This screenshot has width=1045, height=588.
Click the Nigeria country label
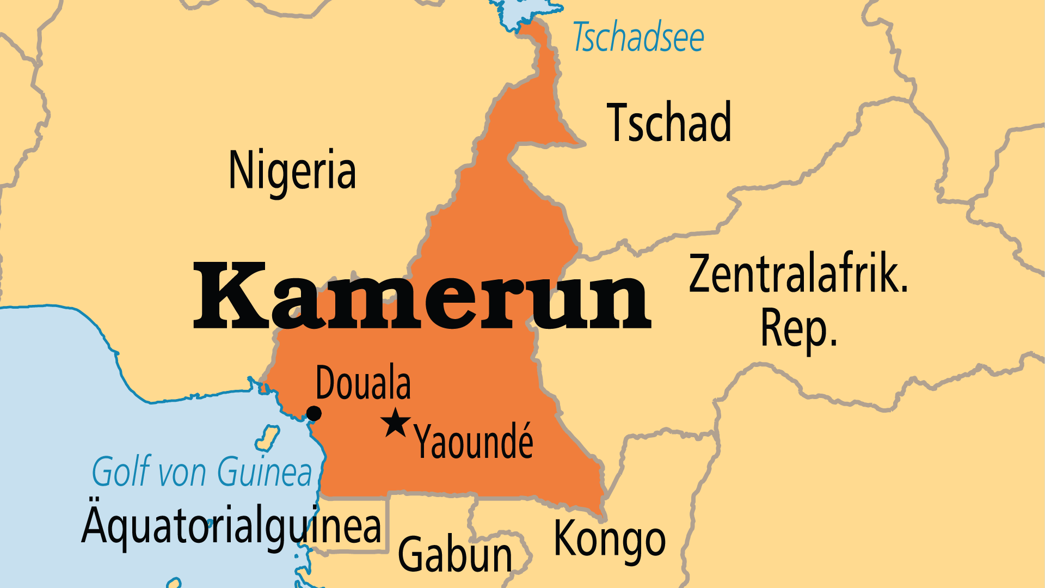point(292,170)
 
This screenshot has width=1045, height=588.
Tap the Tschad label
point(669,123)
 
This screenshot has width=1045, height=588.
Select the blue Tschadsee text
point(638,38)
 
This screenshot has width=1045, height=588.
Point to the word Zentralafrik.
point(798,274)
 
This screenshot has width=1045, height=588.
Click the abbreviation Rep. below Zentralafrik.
point(798,328)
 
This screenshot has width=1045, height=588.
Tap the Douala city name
point(363,383)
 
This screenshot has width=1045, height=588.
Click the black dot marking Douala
point(314,414)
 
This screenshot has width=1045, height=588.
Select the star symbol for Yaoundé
point(396,422)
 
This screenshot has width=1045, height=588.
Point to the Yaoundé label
point(474,442)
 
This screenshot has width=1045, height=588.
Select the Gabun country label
point(455,554)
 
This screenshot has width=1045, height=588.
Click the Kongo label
point(610,539)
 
